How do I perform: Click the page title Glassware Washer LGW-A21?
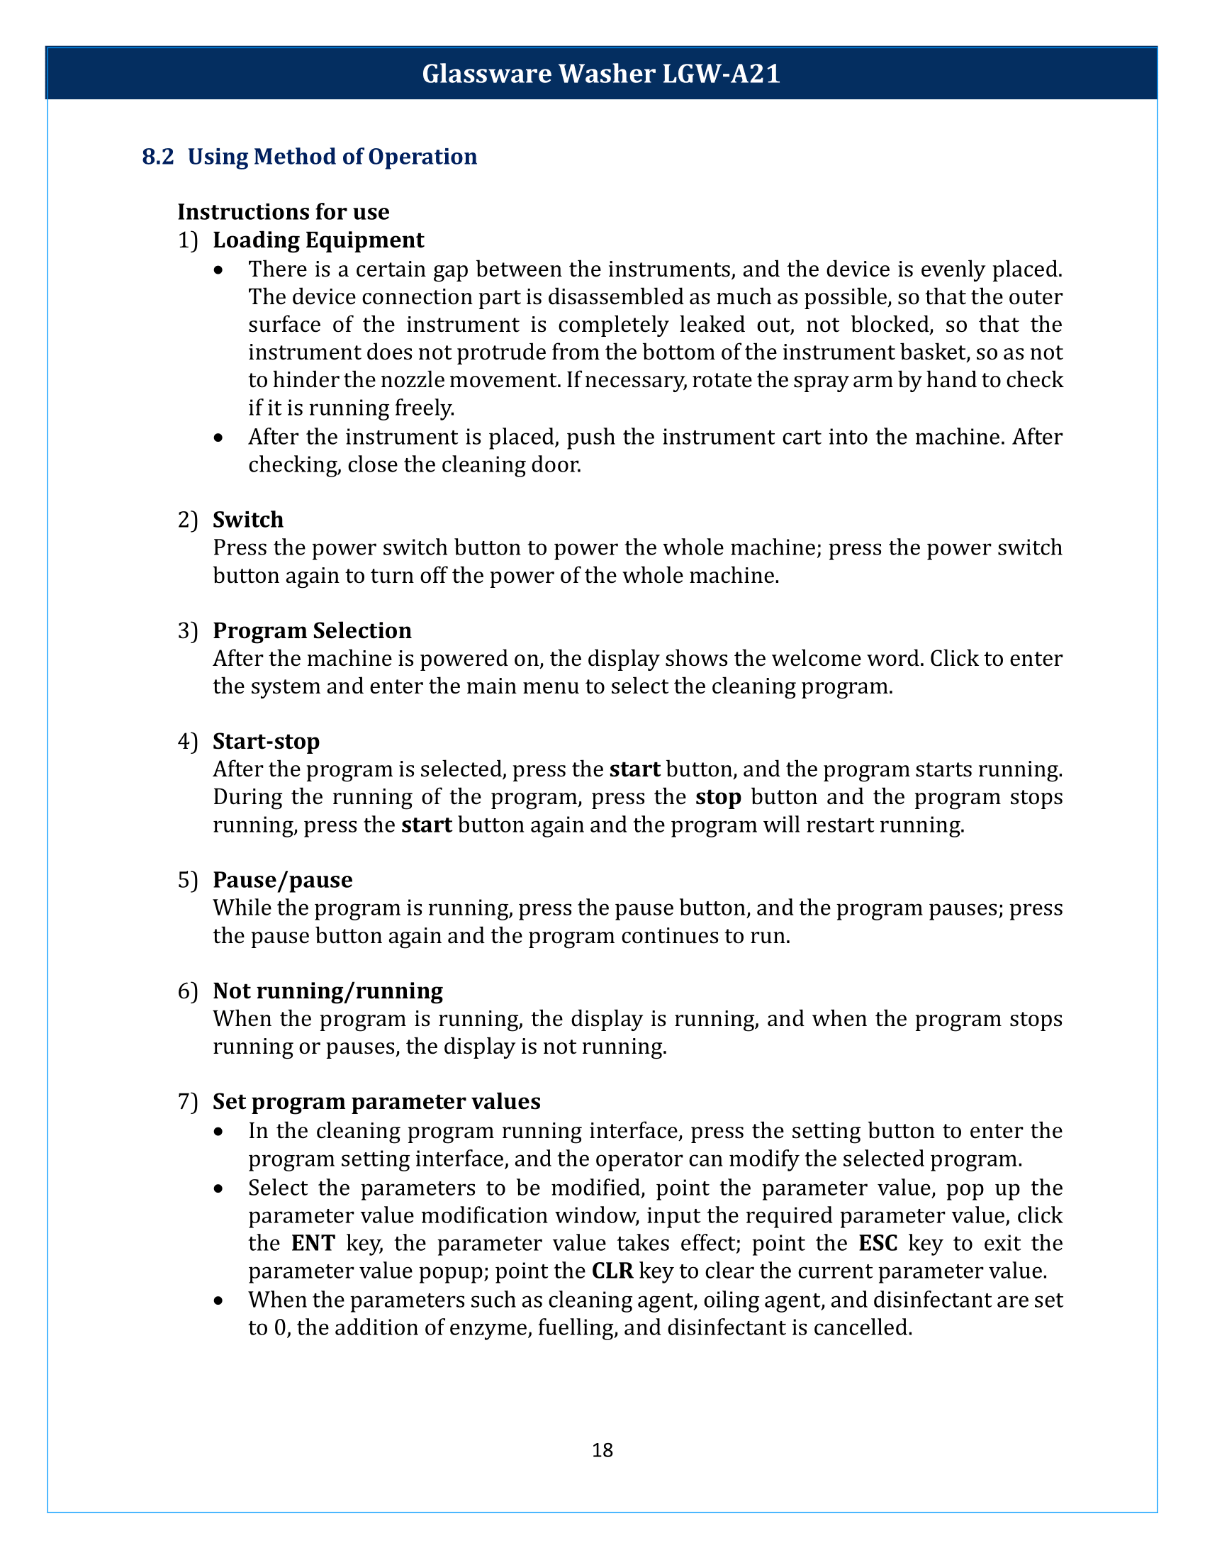(x=601, y=74)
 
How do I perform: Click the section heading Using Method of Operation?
(x=332, y=157)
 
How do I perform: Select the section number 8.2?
(x=158, y=157)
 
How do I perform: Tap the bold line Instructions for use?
(x=284, y=212)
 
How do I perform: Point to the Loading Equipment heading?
(x=318, y=240)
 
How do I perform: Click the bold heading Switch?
(x=247, y=519)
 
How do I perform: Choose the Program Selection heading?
(x=312, y=630)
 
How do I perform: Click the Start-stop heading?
(x=267, y=742)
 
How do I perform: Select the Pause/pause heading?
(x=283, y=880)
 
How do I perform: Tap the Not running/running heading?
(x=327, y=991)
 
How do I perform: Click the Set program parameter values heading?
(x=376, y=1101)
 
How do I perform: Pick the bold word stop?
(x=718, y=797)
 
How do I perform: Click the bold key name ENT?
(x=313, y=1244)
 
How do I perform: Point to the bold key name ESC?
(x=878, y=1244)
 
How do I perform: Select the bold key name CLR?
(x=612, y=1271)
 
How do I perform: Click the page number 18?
(x=602, y=1450)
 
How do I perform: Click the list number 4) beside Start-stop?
(x=187, y=742)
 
